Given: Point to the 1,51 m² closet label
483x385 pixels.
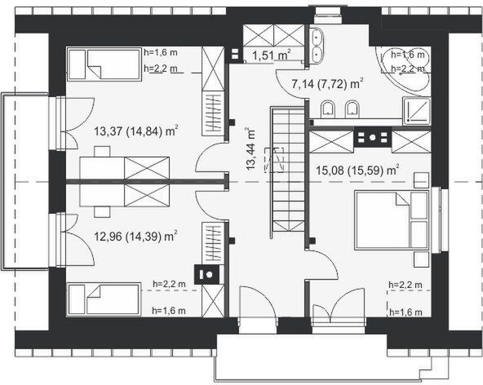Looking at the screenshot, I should point(271,55).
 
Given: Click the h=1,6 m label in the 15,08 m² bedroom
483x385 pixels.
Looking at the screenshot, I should point(406,311).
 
